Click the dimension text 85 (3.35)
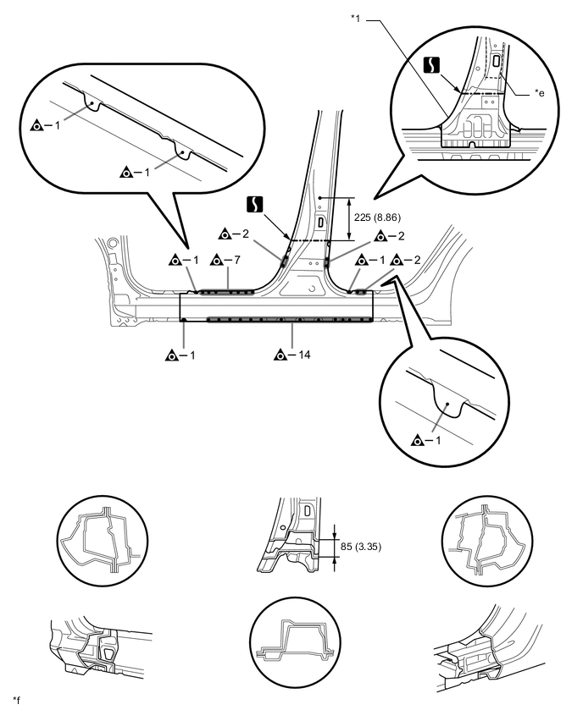click(360, 546)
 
